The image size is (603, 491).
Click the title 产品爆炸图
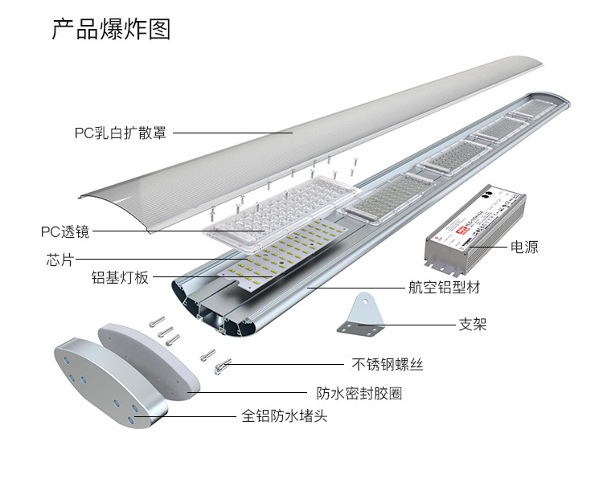[111, 29]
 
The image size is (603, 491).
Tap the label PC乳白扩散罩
[121, 133]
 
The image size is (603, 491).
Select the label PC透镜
[65, 232]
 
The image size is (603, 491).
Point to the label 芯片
[60, 260]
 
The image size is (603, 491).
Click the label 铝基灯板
[120, 278]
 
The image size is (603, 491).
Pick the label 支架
[472, 325]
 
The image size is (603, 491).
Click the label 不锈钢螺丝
[387, 365]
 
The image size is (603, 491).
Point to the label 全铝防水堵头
[285, 416]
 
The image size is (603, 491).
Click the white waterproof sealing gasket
[149, 358]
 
